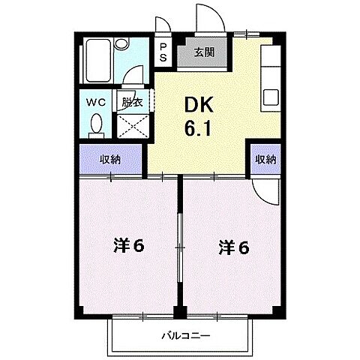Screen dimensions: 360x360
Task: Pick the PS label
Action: pyautogui.click(x=163, y=55)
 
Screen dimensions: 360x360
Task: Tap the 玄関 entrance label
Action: pyautogui.click(x=202, y=52)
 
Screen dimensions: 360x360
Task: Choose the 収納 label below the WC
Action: pyautogui.click(x=110, y=159)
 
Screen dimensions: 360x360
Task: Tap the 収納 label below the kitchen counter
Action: pyautogui.click(x=265, y=159)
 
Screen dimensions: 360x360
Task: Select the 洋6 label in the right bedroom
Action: pyautogui.click(x=233, y=245)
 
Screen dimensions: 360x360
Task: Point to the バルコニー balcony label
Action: pyautogui.click(x=184, y=337)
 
